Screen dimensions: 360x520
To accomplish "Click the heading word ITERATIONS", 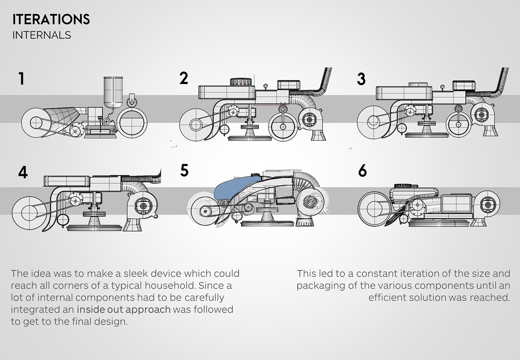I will [51, 19].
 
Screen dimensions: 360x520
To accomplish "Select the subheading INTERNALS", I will [42, 35].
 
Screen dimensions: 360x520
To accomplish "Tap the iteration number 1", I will [22, 79].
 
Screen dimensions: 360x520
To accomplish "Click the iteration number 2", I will [183, 78].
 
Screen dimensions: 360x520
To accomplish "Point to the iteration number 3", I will [361, 79].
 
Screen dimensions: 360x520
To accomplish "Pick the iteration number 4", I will [23, 173].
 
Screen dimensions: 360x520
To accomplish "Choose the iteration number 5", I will [184, 171].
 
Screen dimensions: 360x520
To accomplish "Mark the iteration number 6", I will [362, 171].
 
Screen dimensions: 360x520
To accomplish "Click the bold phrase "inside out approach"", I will [124, 309].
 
